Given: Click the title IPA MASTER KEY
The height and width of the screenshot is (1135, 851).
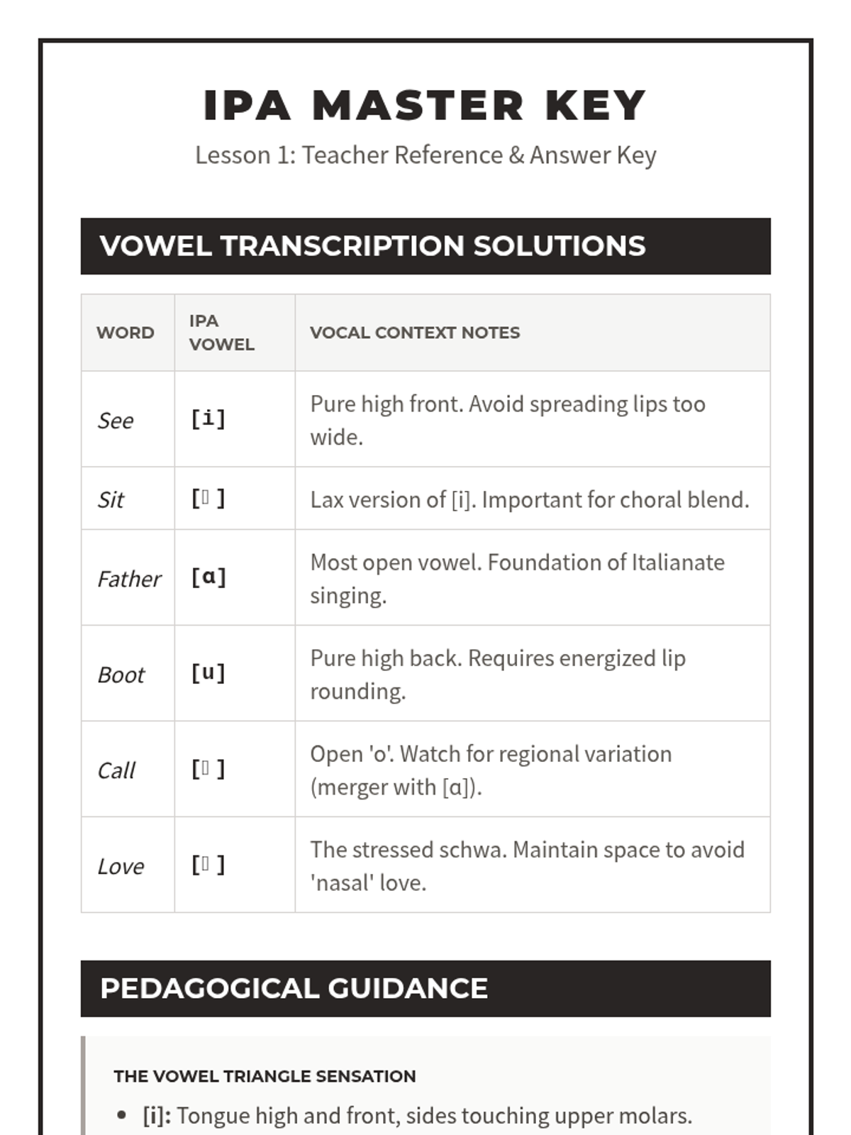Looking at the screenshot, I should click(424, 106).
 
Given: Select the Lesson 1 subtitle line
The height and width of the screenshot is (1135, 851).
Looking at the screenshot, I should click(425, 155).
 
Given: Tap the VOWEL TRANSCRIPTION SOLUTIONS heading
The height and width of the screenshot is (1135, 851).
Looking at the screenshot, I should click(372, 246).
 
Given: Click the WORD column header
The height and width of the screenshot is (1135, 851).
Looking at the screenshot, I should click(125, 333).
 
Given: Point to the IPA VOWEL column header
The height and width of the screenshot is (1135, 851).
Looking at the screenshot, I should click(221, 333).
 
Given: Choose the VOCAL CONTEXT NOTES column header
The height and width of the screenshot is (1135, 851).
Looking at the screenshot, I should click(415, 333).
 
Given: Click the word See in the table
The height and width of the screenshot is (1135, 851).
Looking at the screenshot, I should click(115, 421).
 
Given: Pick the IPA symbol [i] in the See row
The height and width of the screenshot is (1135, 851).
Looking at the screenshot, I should click(208, 419).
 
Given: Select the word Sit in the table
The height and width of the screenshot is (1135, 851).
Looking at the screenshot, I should click(111, 500).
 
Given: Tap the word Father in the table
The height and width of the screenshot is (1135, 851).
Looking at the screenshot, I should click(129, 580).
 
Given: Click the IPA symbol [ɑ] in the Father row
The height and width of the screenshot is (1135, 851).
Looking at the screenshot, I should click(208, 577).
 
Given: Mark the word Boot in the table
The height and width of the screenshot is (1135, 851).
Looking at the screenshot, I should click(121, 675).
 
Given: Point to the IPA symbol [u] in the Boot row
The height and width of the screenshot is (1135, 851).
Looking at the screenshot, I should click(208, 672).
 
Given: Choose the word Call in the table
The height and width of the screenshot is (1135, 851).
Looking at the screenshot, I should click(116, 771).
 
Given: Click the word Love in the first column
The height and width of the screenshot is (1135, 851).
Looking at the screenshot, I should click(121, 867).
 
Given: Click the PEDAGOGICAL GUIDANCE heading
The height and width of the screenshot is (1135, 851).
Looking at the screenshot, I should click(294, 989).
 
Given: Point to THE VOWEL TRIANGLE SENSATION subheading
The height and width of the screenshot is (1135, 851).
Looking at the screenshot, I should click(265, 1076).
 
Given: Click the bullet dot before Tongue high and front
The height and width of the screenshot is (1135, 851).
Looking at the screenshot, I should click(123, 1116).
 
